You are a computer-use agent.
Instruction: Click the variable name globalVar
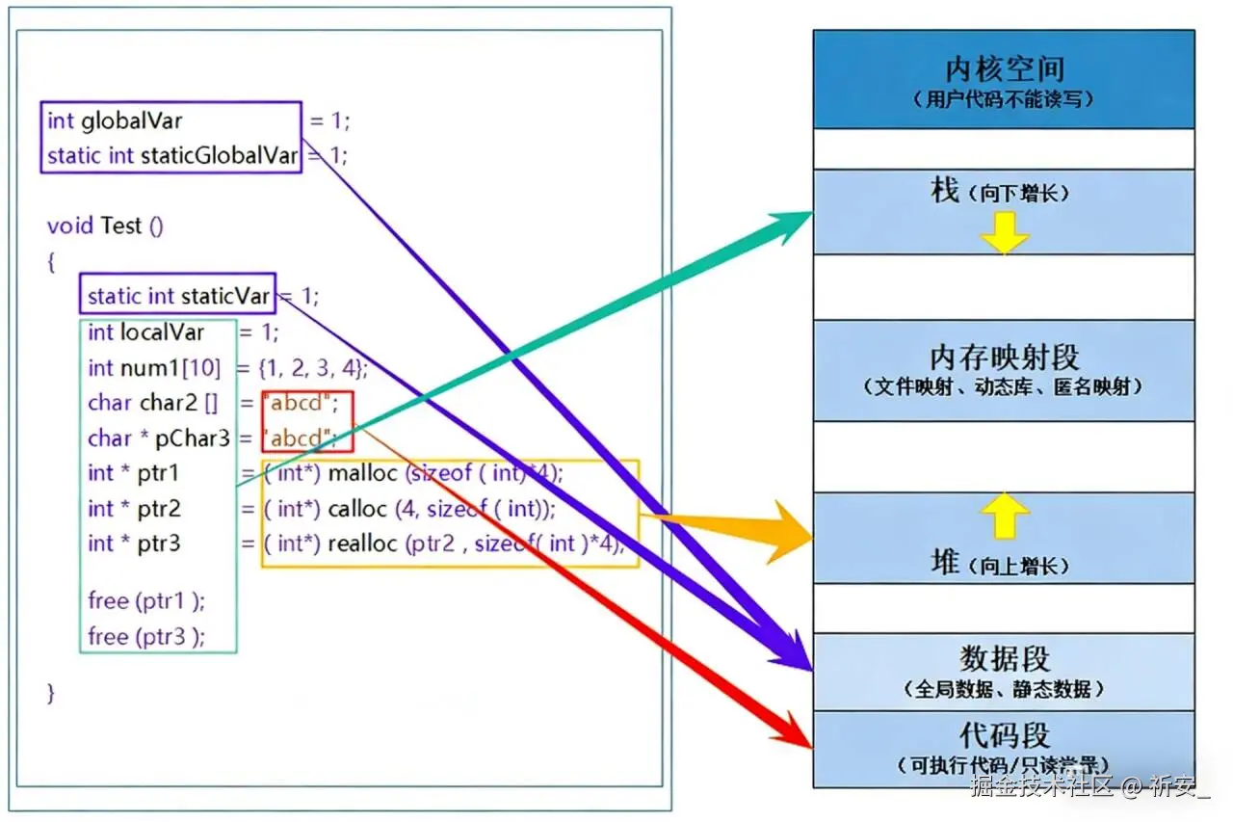tap(131, 120)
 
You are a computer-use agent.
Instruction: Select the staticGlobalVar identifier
tap(220, 155)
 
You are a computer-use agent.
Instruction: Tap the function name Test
tap(121, 225)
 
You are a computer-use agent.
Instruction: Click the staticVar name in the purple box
tap(225, 296)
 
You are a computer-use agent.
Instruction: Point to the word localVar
tap(162, 332)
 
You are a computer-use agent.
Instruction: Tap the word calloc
tap(357, 509)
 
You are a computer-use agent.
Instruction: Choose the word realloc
tap(363, 544)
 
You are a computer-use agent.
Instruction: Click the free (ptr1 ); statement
tap(146, 600)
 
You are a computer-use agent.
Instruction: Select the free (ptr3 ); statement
tap(146, 636)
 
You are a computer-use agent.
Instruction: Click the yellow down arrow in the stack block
tap(1004, 233)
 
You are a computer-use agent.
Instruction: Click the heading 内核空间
tap(1004, 69)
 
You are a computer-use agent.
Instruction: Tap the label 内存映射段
tap(1004, 358)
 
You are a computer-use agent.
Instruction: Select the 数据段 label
tap(1004, 659)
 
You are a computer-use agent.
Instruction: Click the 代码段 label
tap(1004, 735)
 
